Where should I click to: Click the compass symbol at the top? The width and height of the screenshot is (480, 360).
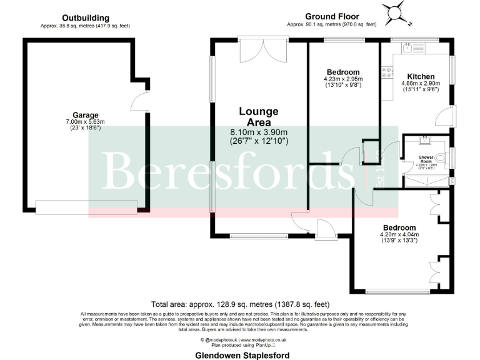[x=396, y=12]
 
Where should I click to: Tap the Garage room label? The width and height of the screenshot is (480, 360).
[x=86, y=115]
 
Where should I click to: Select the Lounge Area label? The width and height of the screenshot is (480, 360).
[x=259, y=117]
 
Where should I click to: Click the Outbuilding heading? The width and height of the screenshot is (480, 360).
[x=86, y=18]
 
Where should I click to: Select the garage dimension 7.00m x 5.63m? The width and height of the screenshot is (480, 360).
[x=86, y=122]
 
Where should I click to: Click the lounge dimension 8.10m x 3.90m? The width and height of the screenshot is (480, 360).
[x=259, y=132]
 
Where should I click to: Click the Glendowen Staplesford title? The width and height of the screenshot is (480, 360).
[x=240, y=354]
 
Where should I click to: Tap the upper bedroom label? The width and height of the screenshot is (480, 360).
[x=342, y=72]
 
